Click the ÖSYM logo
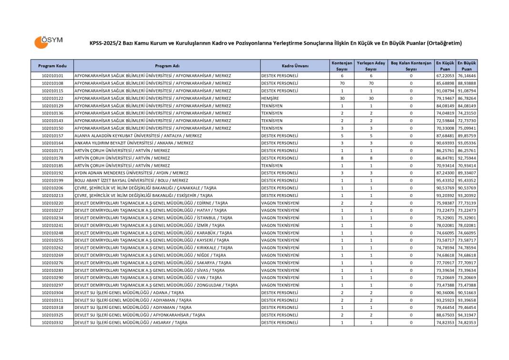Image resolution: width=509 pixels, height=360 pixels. (x=48, y=42)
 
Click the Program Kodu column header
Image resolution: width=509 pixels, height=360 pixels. (x=52, y=66)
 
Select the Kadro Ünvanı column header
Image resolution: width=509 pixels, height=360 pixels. (x=295, y=66)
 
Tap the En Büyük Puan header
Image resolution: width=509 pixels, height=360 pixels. (x=467, y=66)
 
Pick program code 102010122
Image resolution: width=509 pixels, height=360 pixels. (x=52, y=98)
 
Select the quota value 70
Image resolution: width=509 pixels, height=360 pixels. (x=342, y=83)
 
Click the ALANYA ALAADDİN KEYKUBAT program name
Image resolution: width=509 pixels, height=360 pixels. (x=138, y=135)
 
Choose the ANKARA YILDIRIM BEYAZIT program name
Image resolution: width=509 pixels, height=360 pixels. (x=133, y=143)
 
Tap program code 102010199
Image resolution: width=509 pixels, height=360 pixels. (x=52, y=180)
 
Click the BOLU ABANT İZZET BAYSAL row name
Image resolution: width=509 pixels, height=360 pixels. (x=131, y=180)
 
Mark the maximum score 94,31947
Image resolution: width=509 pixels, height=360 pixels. (x=467, y=315)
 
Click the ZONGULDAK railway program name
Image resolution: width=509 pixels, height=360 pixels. (x=156, y=285)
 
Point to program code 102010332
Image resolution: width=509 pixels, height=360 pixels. (x=52, y=323)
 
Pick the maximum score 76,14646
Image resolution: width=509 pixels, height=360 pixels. (x=467, y=75)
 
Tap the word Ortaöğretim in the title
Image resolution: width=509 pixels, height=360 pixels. (x=443, y=43)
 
